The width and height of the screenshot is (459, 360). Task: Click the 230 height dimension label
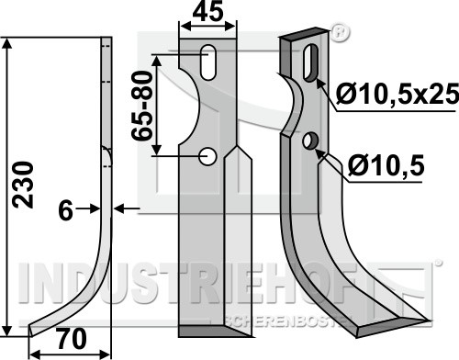coord(23,185)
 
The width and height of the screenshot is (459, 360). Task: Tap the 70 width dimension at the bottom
coord(72,339)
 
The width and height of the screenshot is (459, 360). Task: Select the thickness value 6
coord(66,210)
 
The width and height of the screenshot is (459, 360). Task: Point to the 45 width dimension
coord(207,12)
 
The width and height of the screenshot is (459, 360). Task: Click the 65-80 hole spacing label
coord(141,106)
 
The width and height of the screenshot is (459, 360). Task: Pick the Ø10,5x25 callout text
coord(397,94)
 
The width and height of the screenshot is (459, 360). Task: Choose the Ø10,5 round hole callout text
coord(386,165)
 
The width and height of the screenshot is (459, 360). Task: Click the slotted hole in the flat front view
coord(207,62)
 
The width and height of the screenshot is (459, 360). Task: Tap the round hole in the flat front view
coord(207,157)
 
